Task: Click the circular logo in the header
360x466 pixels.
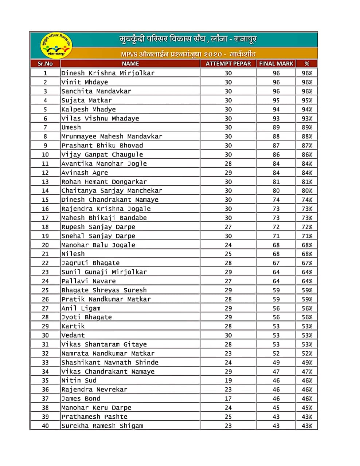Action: pyautogui.click(x=56, y=45)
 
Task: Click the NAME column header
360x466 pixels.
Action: pyautogui.click(x=130, y=63)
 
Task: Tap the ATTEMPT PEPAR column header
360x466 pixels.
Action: pyautogui.click(x=228, y=63)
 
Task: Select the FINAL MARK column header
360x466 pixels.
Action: pyautogui.click(x=276, y=63)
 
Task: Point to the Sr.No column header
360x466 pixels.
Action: pyautogui.click(x=45, y=63)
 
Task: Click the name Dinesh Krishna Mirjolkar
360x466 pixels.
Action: pyautogui.click(x=108, y=73)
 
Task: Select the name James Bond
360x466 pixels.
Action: pyautogui.click(x=81, y=399)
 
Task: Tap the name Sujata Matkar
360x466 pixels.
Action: pyautogui.click(x=87, y=100)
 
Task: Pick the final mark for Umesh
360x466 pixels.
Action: pyautogui.click(x=276, y=127)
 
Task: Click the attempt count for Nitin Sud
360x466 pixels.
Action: pyautogui.click(x=228, y=380)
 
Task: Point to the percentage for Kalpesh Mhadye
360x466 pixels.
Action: pyautogui.click(x=307, y=110)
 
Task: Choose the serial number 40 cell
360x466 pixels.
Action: pyautogui.click(x=45, y=426)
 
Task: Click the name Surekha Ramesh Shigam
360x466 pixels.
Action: pyautogui.click(x=102, y=426)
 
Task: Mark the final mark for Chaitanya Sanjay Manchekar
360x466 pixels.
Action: pyautogui.click(x=276, y=191)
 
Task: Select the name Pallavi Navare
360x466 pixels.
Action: pyautogui.click(x=89, y=281)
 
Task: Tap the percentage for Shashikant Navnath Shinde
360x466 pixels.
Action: pyautogui.click(x=307, y=363)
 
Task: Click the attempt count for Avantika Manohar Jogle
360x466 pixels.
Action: pyautogui.click(x=228, y=164)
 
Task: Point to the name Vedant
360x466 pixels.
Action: pyautogui.click(x=73, y=335)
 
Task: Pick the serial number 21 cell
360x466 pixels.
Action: pyautogui.click(x=45, y=254)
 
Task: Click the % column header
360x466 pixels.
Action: pyautogui.click(x=307, y=63)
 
